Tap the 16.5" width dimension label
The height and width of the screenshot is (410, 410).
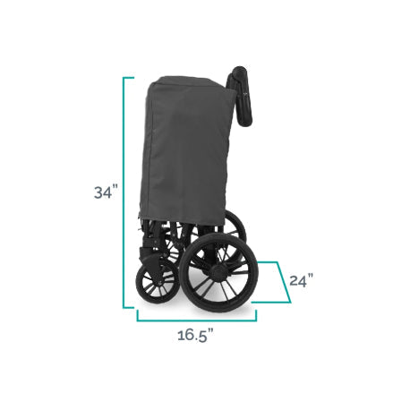point(196,335)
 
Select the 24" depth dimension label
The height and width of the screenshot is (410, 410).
point(302,280)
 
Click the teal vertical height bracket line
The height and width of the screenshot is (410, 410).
point(124,192)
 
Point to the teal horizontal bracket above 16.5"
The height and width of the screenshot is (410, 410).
point(197,320)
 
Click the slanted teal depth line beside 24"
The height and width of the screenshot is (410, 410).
point(284,282)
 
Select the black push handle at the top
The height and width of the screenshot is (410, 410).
point(240,95)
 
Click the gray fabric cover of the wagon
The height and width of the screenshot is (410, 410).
point(185,149)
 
